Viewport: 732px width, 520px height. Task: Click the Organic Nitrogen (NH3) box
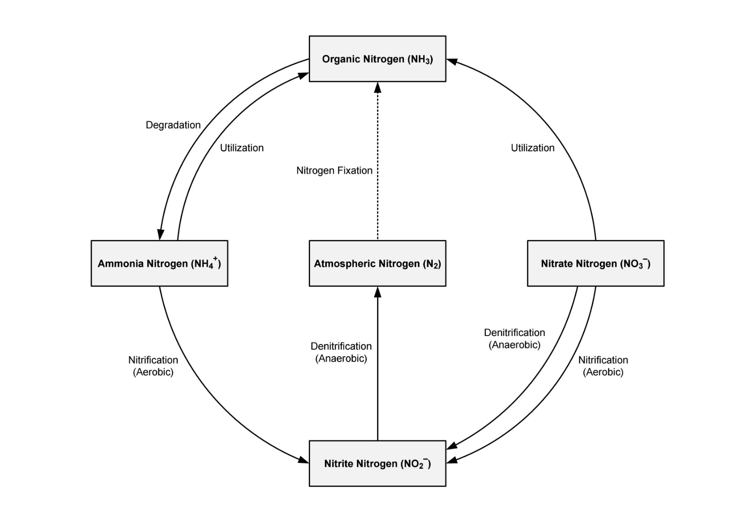377,59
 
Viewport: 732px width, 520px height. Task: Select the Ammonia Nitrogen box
159,263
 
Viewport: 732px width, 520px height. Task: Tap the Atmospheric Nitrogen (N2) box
377,263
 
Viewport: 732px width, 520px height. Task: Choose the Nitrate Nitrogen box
595,263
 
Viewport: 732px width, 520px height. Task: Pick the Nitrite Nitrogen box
377,463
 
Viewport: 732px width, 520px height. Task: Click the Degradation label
173,125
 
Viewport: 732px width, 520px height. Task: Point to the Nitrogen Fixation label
334,171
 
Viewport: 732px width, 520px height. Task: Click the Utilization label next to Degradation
242,148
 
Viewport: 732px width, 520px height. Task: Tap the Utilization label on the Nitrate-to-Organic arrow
533,148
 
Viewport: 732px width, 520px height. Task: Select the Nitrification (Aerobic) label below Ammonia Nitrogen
153,366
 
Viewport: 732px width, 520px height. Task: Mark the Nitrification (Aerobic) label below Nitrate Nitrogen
603,366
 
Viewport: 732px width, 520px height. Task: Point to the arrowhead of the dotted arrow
377,87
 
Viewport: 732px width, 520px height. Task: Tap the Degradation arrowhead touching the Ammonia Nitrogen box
160,234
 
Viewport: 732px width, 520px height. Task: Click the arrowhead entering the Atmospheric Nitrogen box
377,292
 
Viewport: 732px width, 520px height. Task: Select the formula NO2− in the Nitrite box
416,463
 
